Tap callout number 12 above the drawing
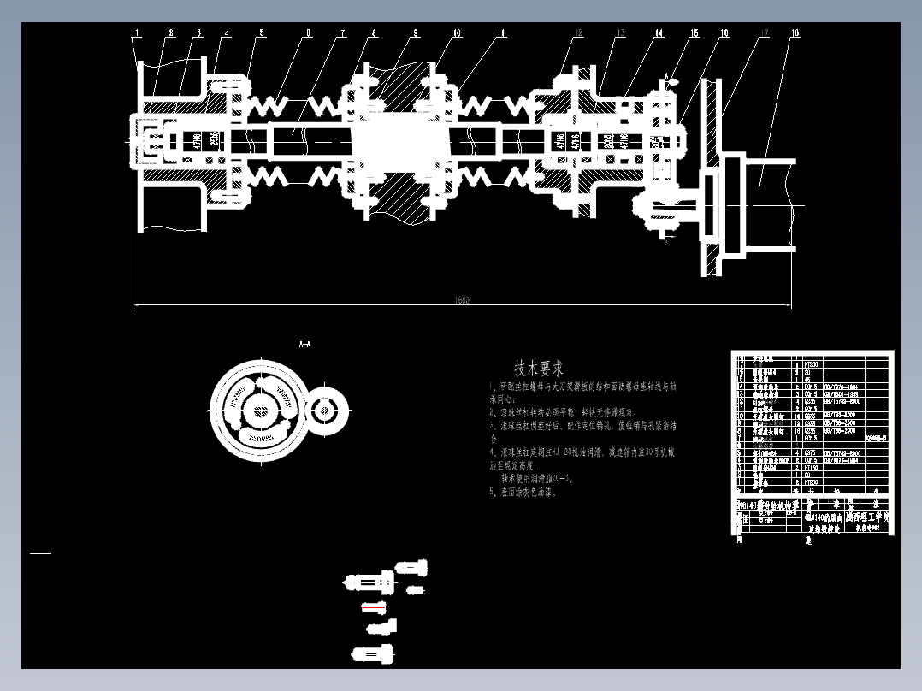pos(579,33)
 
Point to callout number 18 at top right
pos(795,33)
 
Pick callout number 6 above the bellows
pos(308,33)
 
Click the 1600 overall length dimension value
pos(462,300)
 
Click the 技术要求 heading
pos(539,369)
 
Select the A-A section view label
pos(304,344)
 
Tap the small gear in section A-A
pos(325,410)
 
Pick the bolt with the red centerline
pos(375,608)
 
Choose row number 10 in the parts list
pos(741,415)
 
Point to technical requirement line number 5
pos(523,493)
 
